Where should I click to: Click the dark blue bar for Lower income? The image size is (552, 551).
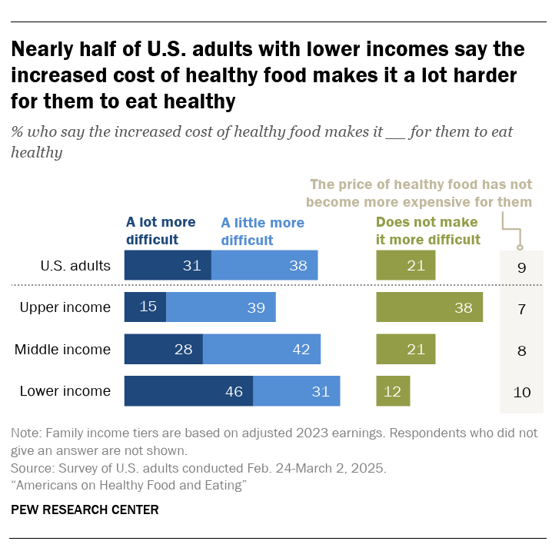(x=188, y=391)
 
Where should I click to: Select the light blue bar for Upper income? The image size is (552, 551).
(x=221, y=307)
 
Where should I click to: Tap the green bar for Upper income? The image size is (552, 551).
(x=429, y=307)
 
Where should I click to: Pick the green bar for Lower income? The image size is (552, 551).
(x=393, y=391)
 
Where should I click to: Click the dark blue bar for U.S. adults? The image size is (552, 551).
(x=168, y=266)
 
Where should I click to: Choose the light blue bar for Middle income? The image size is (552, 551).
(x=261, y=350)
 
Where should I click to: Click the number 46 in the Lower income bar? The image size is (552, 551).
(x=234, y=391)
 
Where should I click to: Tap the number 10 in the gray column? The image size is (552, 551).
(x=522, y=392)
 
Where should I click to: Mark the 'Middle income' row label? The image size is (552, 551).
(x=63, y=350)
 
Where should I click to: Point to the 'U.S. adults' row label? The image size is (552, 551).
(x=75, y=266)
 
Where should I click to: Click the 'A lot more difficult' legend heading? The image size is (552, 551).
(x=161, y=231)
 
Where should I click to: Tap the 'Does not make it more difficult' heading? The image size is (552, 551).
(x=427, y=231)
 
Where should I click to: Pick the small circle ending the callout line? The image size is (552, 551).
(x=520, y=247)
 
